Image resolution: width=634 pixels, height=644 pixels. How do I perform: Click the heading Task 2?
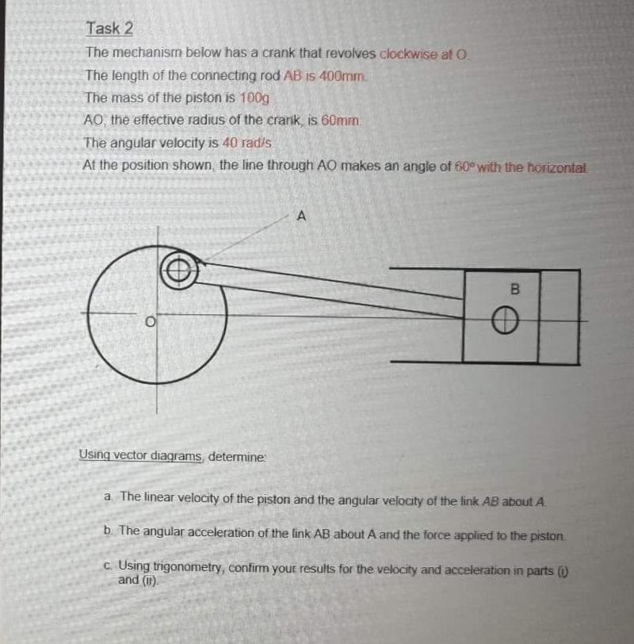[x=109, y=29]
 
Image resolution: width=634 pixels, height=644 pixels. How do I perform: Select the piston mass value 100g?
[x=254, y=98]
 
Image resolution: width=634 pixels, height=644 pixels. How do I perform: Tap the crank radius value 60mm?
[x=342, y=121]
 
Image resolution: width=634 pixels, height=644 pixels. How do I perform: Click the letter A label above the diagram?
[x=300, y=214]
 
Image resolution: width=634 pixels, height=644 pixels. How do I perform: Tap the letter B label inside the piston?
[x=511, y=290]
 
